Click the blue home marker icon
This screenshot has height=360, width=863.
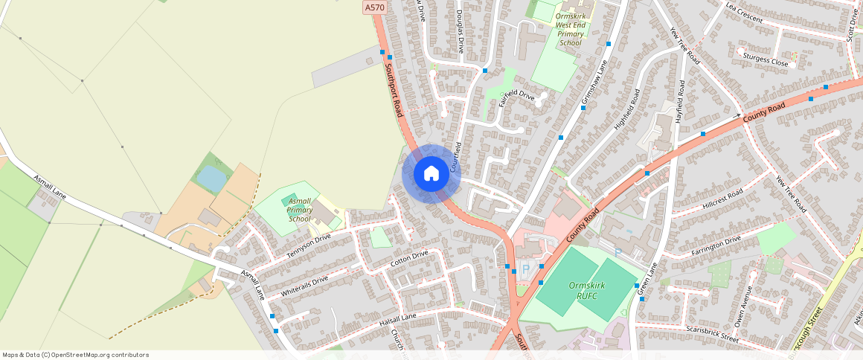431,174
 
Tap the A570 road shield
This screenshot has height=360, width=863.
375,7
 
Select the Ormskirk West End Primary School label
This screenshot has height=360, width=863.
571,29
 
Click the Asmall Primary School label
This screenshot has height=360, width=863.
299,210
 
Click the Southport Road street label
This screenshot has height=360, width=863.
393,89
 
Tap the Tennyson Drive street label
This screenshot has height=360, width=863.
308,246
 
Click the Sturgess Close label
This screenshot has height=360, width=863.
765,60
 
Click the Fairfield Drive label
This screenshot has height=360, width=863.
516,97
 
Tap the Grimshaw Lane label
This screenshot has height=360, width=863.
594,81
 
